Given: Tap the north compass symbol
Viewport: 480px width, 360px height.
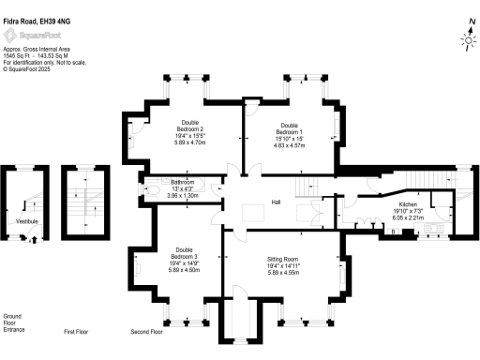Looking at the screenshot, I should pyautogui.click(x=468, y=37).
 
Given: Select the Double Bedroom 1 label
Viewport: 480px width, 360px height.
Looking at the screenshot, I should pyautogui.click(x=288, y=127).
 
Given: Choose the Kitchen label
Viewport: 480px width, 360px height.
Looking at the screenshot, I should pyautogui.click(x=408, y=203).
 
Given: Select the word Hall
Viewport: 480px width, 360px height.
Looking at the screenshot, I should pyautogui.click(x=277, y=202).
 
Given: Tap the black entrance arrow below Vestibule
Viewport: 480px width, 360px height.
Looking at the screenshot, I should pyautogui.click(x=35, y=239).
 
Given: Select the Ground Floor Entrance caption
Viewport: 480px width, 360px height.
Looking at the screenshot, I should pyautogui.click(x=13, y=323).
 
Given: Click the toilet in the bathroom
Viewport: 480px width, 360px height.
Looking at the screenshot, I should pyautogui.click(x=153, y=188).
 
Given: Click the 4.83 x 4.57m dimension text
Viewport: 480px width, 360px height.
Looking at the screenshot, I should pyautogui.click(x=288, y=146).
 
